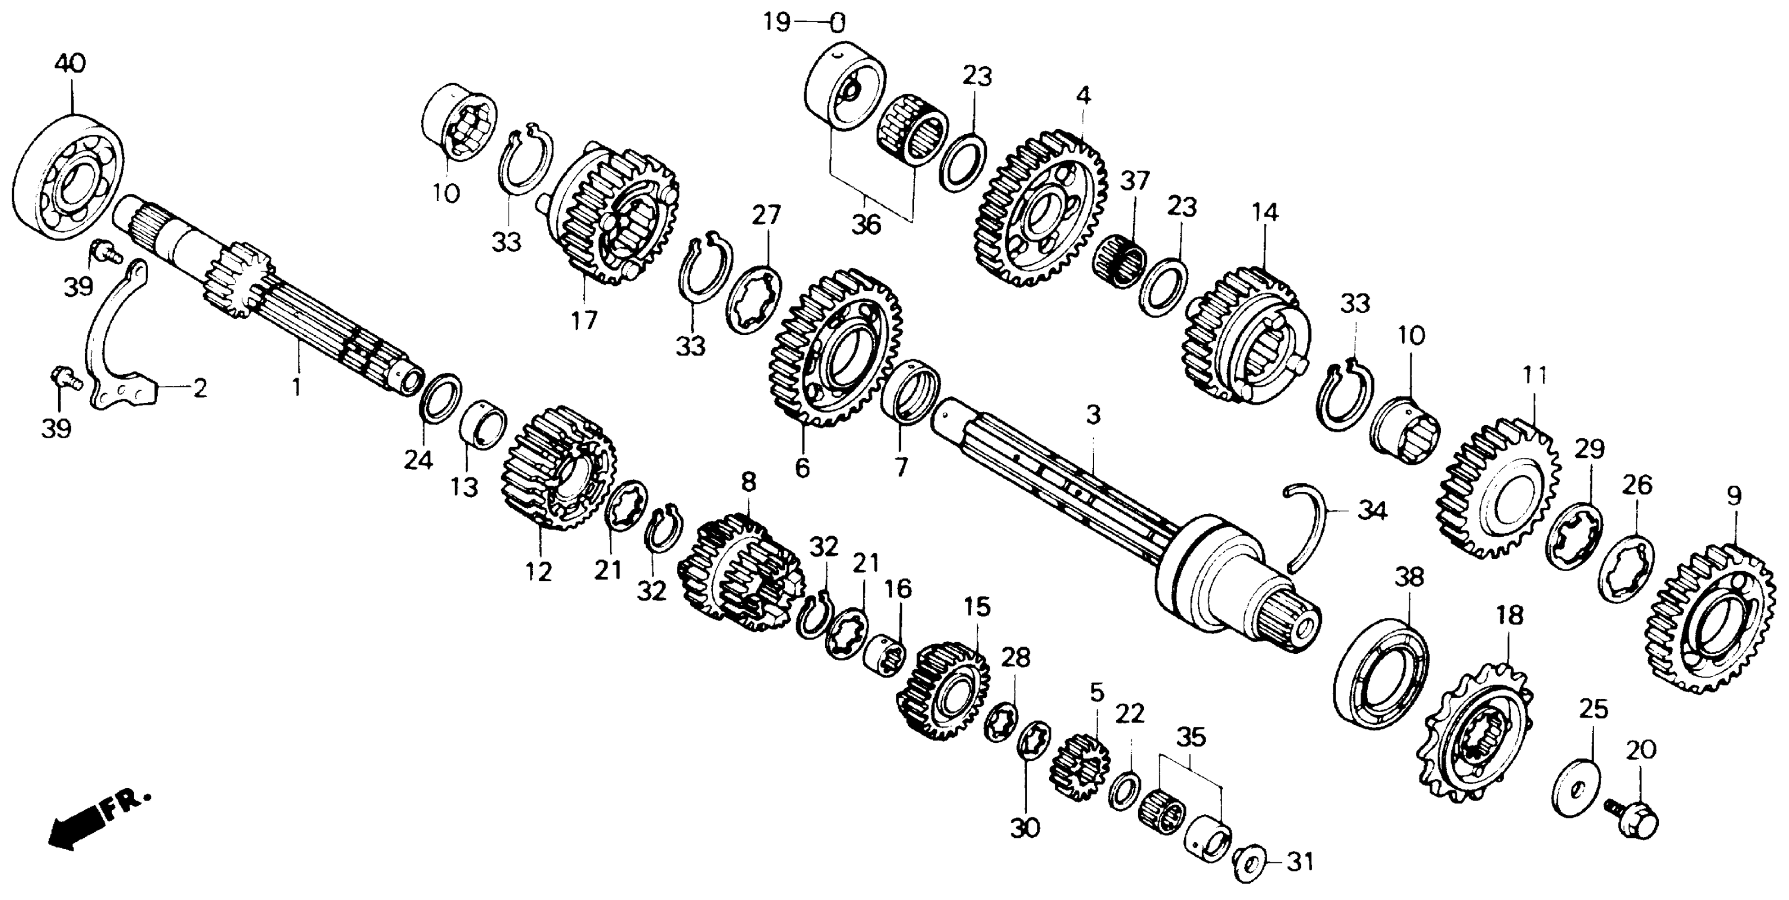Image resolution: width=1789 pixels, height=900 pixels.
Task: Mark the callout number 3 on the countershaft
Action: (1093, 415)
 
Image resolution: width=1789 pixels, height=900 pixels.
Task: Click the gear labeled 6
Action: (835, 347)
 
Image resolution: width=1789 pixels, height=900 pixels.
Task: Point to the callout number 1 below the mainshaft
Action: (297, 388)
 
